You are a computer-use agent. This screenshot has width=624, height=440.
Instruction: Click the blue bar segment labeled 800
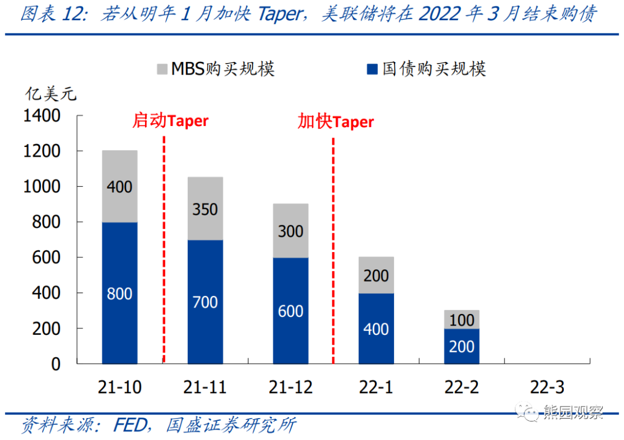120,293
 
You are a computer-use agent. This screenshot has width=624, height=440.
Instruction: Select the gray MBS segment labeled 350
205,208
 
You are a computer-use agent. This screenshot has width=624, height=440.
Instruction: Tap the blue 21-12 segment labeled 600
291,310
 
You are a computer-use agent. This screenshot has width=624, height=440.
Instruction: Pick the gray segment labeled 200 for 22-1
376,275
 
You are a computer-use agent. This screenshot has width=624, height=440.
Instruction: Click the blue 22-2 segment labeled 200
462,346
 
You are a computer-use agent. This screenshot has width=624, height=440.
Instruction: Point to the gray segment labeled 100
462,320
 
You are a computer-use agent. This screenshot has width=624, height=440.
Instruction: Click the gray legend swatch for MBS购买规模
161,69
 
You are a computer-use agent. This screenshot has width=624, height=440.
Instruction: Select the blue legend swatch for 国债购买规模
373,69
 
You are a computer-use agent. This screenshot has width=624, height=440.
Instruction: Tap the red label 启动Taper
170,121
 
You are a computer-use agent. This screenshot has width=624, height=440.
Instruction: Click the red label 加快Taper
336,122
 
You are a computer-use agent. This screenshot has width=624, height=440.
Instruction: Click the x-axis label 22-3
547,387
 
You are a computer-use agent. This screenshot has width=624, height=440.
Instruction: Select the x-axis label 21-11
205,387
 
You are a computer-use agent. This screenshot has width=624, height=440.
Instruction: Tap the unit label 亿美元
50,93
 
